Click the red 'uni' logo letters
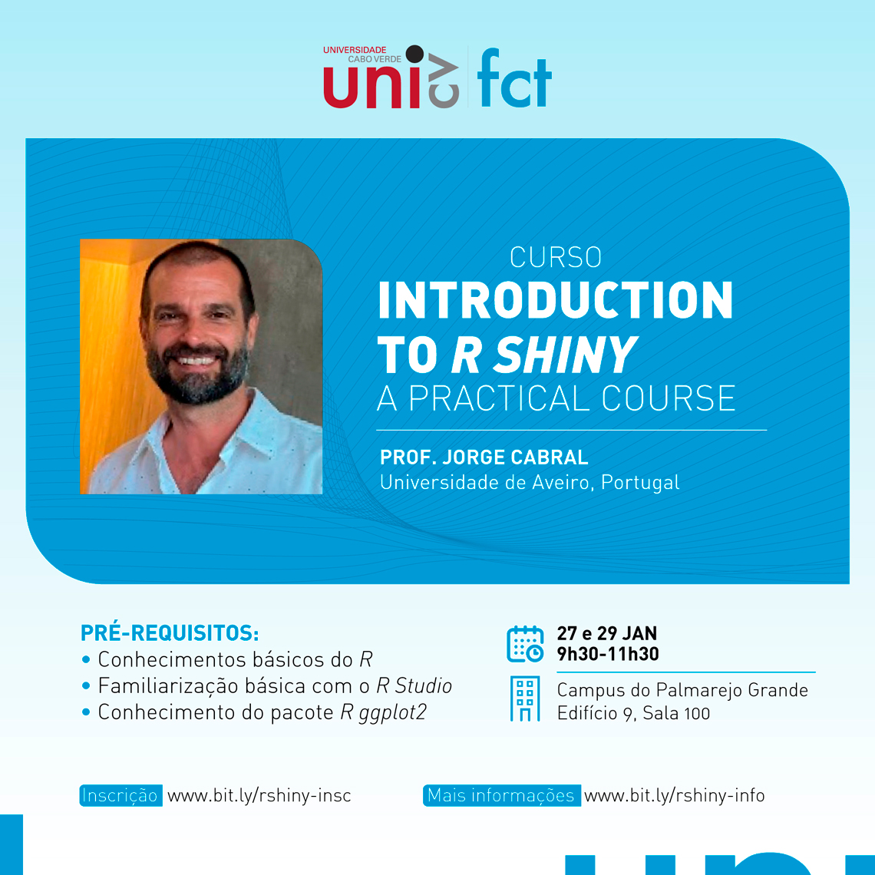pyautogui.click(x=371, y=87)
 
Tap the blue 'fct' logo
pyautogui.click(x=514, y=78)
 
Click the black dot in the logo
pyautogui.click(x=414, y=54)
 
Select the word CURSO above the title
pyautogui.click(x=555, y=257)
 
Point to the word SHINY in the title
pyautogui.click(x=566, y=355)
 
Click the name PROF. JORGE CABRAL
pyautogui.click(x=484, y=457)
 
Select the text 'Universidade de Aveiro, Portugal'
pyautogui.click(x=530, y=483)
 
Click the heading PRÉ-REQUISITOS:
pyautogui.click(x=170, y=633)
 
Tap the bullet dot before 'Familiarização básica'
pyautogui.click(x=86, y=686)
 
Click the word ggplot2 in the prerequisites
pyautogui.click(x=392, y=713)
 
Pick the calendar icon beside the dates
pyautogui.click(x=525, y=644)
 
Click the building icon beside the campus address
pyautogui.click(x=525, y=698)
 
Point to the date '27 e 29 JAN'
pyautogui.click(x=606, y=633)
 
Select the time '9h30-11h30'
pyautogui.click(x=608, y=654)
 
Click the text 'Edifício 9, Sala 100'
pyautogui.click(x=633, y=713)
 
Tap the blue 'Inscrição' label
pyautogui.click(x=121, y=795)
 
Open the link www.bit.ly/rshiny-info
pyautogui.click(x=674, y=795)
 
